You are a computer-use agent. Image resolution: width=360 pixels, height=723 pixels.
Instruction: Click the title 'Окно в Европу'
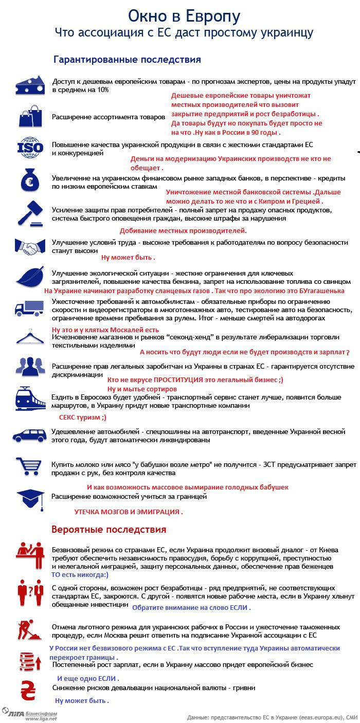[184, 16]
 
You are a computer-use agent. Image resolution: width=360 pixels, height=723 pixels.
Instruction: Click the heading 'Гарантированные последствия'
[127, 60]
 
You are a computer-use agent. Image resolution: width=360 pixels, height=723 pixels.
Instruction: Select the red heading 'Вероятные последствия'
[109, 529]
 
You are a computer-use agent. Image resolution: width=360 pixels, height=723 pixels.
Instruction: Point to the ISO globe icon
[30, 147]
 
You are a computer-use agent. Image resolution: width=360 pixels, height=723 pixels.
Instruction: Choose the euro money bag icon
[30, 180]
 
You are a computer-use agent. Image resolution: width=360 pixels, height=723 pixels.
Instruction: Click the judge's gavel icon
[30, 213]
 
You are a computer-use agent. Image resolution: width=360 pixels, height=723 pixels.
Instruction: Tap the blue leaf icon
[30, 277]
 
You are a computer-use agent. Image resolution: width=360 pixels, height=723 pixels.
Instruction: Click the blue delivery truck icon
[29, 308]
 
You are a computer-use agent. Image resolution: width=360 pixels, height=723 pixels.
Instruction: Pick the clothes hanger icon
[30, 338]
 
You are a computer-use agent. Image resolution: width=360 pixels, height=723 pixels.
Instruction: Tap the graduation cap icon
[30, 498]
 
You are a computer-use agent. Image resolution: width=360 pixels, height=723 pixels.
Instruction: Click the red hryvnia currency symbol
[29, 690]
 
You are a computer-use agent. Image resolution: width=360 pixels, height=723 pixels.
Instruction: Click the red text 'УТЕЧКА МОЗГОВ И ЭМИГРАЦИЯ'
[129, 512]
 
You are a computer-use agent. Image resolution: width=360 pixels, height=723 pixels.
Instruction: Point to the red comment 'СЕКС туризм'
[83, 418]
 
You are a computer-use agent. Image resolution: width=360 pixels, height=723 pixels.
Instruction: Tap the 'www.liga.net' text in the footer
[41, 718]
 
